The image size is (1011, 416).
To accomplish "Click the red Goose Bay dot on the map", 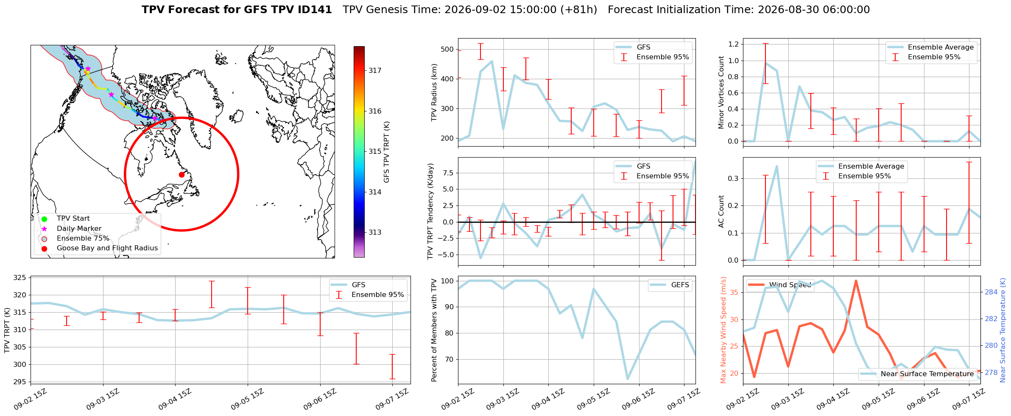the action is [x=182, y=175].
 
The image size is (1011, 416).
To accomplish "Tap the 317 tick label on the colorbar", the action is [x=375, y=71].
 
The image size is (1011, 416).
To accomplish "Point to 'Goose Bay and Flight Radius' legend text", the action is [x=107, y=248].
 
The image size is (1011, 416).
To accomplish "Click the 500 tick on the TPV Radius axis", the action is [x=448, y=50].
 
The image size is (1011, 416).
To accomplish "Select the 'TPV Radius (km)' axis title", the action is [x=434, y=92].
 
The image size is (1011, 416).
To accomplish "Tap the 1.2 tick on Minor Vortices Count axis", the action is [x=733, y=44].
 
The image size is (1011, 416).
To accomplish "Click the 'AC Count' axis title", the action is [x=721, y=211].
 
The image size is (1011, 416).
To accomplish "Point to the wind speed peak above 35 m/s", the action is [x=856, y=280].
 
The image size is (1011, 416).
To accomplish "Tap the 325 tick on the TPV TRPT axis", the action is [x=21, y=278].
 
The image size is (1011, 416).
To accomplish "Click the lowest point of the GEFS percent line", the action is [x=627, y=379].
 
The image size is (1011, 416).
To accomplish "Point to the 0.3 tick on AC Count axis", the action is [x=733, y=179].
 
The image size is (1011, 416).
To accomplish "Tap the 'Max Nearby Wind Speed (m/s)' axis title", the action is [x=723, y=330].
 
